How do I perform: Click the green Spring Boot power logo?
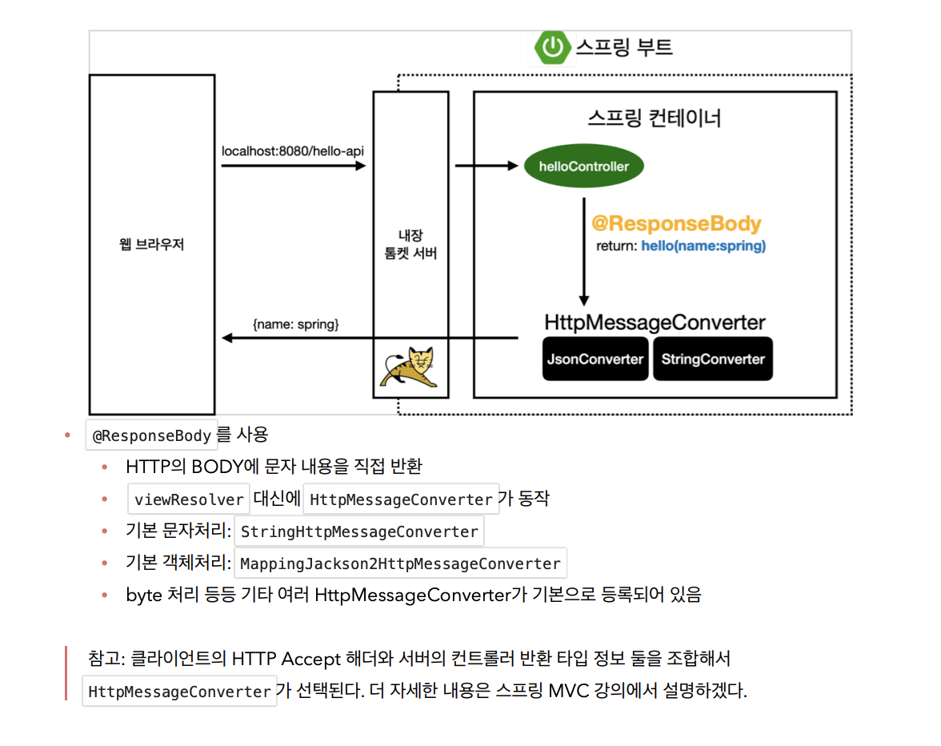[x=554, y=47]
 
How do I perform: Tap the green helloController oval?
[x=583, y=166]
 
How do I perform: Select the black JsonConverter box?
[x=595, y=359]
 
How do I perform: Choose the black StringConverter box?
[x=713, y=359]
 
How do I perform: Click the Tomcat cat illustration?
[x=410, y=368]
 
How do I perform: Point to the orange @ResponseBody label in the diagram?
[x=676, y=224]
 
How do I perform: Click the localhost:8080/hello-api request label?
[x=294, y=150]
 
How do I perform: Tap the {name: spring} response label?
[x=296, y=324]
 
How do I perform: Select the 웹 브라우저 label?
[x=152, y=244]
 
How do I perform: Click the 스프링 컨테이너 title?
[x=654, y=118]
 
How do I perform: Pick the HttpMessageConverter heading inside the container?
[x=655, y=323]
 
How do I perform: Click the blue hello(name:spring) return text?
[x=703, y=246]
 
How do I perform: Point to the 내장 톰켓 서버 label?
[x=410, y=244]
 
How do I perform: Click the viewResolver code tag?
[x=189, y=499]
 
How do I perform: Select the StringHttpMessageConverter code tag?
[x=359, y=531]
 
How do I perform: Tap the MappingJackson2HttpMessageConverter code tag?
[x=400, y=564]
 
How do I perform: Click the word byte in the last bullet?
[x=143, y=595]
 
